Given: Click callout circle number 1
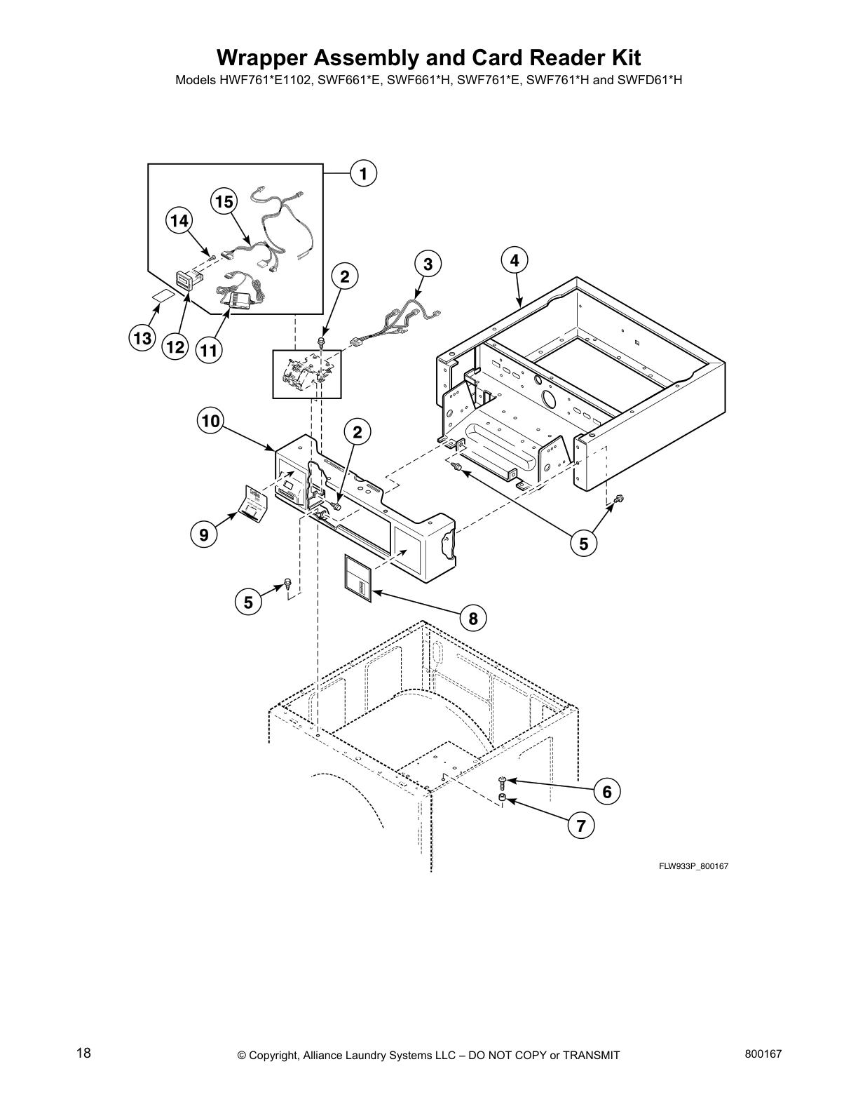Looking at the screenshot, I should pos(362,173).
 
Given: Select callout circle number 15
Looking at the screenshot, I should pos(224,202).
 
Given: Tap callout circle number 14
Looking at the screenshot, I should pos(179,221).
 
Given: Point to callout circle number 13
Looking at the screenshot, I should pos(142,339).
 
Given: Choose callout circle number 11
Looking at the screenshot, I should pos(207,350).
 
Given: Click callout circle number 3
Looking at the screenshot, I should pos(428,264).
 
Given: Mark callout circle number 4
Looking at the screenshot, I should pos(515,260).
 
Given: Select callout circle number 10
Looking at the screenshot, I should pos(210,421).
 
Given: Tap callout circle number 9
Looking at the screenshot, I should pos(203,535).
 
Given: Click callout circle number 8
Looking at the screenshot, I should pos(473,618).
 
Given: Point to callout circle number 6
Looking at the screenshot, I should pos(607,792).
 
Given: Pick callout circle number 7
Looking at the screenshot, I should pos(581,826).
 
